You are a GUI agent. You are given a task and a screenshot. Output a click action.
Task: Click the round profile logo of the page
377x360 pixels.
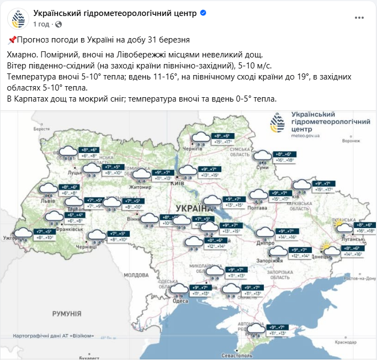pos(18,18)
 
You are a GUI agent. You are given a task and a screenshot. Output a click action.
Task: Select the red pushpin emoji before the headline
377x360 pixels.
pos(12,40)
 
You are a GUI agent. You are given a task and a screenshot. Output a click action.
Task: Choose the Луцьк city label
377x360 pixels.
pos(75,172)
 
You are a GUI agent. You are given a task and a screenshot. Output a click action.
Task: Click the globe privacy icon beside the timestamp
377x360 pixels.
pos(59,24)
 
